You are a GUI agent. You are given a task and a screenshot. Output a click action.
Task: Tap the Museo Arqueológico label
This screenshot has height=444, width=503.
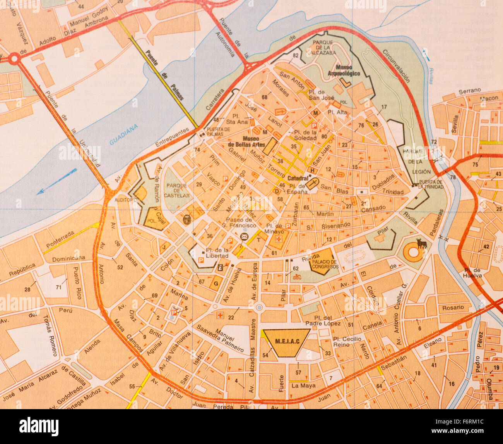[344, 71]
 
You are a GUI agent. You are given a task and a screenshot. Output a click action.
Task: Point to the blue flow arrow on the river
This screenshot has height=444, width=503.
[57, 181]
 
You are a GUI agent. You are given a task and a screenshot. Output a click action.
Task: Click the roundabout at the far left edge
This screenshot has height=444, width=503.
[14, 59]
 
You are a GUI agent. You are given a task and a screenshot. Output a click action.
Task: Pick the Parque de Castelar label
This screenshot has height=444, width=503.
[178, 190]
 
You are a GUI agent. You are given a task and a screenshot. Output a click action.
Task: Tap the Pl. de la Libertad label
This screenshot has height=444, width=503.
[217, 253]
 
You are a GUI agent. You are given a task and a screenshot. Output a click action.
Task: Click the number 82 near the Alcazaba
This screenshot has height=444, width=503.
[296, 55]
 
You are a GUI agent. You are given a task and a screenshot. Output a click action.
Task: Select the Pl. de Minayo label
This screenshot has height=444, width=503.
[275, 229]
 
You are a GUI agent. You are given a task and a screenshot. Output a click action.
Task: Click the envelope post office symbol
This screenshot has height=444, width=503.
[244, 236]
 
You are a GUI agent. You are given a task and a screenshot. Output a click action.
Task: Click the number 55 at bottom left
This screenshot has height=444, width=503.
[132, 386]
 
